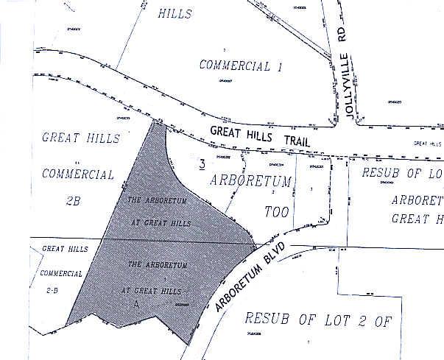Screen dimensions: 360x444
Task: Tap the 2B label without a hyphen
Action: click(x=73, y=200)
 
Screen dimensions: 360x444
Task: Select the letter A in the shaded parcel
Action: click(x=136, y=303)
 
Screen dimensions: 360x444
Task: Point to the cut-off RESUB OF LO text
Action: click(x=402, y=173)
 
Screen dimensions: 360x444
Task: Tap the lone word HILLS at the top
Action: click(x=175, y=14)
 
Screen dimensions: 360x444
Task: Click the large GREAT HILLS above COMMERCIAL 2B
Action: click(x=76, y=138)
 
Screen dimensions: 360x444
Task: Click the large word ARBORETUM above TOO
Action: click(x=251, y=180)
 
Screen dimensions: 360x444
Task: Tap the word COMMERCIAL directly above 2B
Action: click(x=77, y=174)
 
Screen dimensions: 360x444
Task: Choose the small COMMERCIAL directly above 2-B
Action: click(x=61, y=273)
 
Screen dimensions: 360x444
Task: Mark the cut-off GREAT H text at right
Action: click(x=417, y=219)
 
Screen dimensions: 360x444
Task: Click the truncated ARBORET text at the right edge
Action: click(x=417, y=200)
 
